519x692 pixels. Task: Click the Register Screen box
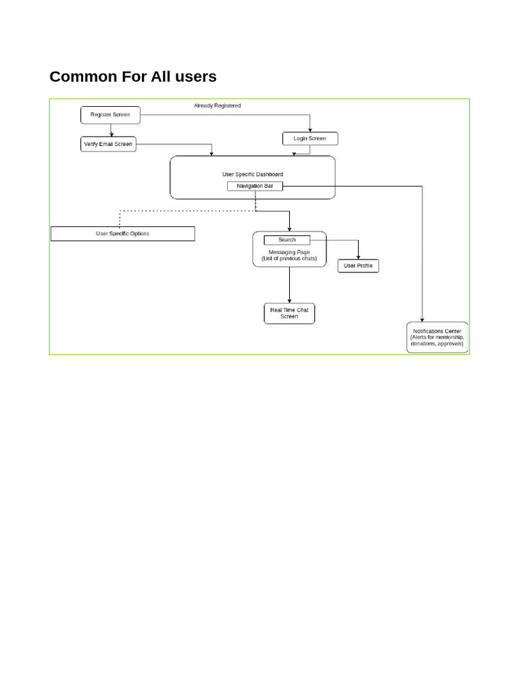pos(110,115)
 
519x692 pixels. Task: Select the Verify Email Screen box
pos(108,144)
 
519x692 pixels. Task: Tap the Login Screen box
pos(310,139)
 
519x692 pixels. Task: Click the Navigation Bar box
pos(255,186)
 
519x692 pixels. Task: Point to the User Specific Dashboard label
pos(252,174)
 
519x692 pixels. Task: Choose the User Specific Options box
pos(122,234)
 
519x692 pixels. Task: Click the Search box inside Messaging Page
pos(287,240)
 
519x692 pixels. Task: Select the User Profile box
pos(357,266)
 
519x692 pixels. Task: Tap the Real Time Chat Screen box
pos(289,314)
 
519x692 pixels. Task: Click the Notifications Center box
pos(437,337)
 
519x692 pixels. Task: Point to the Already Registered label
pos(217,105)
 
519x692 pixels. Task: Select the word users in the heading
pos(196,76)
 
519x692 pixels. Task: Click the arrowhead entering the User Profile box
pos(358,256)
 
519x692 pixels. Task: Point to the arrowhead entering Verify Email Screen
pos(111,134)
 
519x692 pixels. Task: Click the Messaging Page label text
pos(289,252)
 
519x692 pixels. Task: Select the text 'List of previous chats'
pos(289,259)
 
